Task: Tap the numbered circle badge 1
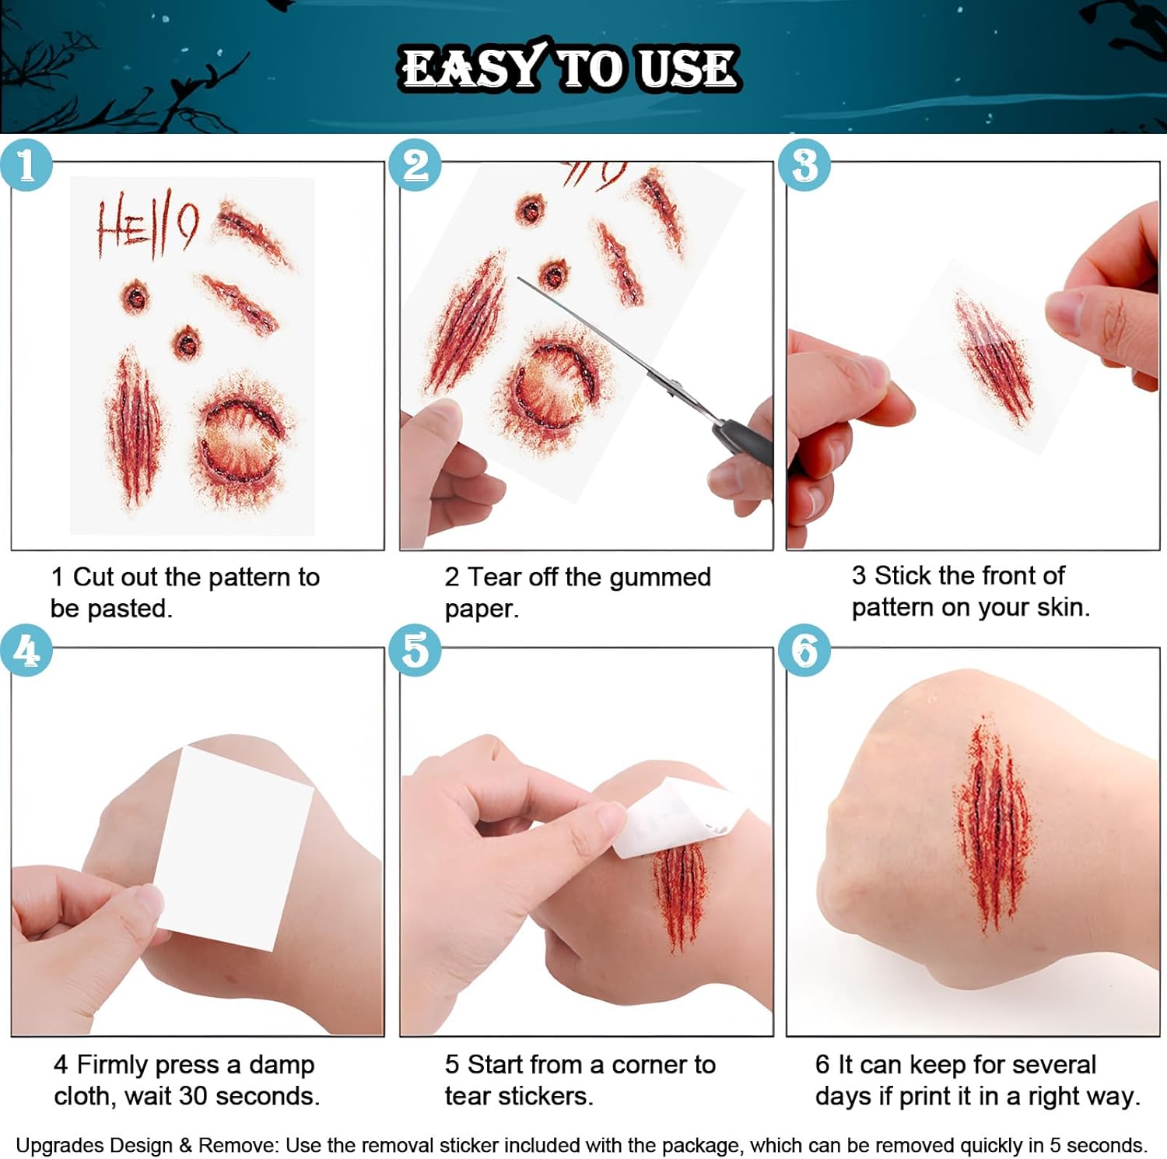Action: coord(26,165)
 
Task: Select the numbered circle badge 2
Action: coord(415,165)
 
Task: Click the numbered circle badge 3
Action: coord(804,165)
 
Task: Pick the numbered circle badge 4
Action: coord(26,650)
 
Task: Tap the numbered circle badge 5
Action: coord(415,650)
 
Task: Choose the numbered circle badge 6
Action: coord(804,650)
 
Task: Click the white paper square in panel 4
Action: coord(233,848)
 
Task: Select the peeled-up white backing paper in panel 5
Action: coord(677,817)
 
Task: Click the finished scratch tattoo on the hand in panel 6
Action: coord(992,825)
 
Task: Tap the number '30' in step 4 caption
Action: coord(194,1096)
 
